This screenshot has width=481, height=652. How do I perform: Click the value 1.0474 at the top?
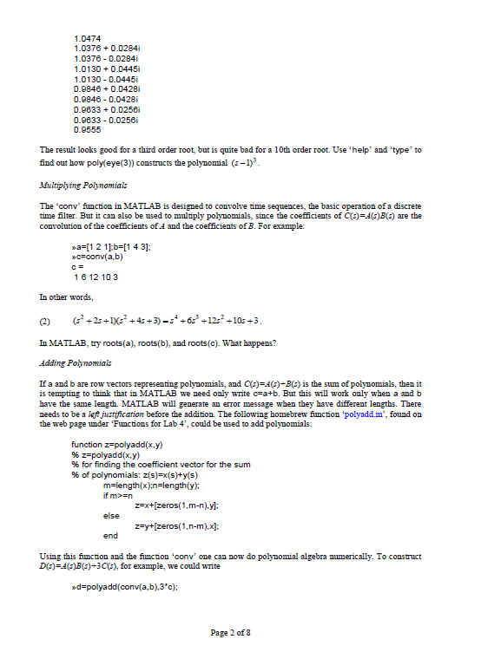point(89,39)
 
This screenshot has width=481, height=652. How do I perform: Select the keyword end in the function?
point(109,536)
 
